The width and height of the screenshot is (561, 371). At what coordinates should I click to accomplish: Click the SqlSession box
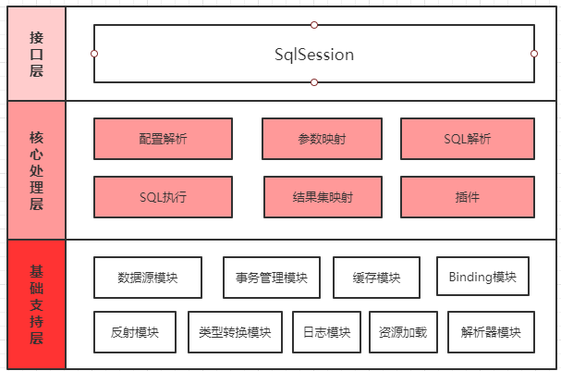[x=314, y=54]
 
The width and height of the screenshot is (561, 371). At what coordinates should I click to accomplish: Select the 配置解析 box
[x=163, y=139]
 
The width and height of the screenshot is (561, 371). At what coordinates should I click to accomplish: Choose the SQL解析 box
[x=467, y=139]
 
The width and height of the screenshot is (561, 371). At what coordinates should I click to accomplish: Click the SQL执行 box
[x=163, y=197]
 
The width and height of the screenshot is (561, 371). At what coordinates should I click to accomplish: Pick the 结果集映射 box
[x=323, y=197]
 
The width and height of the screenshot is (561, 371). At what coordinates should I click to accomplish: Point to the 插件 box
[x=467, y=197]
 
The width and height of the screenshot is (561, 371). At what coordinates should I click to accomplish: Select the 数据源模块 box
[x=148, y=278]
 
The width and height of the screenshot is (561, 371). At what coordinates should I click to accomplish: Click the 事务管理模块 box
[x=271, y=278]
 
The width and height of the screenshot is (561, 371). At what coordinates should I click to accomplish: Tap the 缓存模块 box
[x=376, y=278]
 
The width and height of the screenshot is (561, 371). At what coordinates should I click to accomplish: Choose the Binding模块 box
[x=482, y=277]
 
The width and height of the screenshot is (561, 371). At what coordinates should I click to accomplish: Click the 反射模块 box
[x=134, y=332]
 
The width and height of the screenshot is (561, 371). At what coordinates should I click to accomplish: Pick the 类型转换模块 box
[x=235, y=332]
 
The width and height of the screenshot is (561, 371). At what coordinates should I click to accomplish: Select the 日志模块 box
[x=326, y=332]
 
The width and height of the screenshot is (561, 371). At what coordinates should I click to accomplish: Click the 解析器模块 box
[x=491, y=332]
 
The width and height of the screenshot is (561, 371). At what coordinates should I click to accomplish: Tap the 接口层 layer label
[x=36, y=54]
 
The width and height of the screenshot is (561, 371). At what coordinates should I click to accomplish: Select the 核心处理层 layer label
[x=36, y=169]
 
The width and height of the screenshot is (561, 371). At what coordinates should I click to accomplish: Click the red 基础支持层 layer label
[x=36, y=304]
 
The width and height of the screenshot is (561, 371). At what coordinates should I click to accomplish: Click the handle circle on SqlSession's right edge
[x=534, y=54]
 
